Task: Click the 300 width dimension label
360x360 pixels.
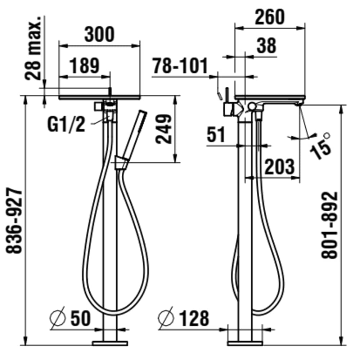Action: (99, 35)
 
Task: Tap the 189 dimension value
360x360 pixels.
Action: (84, 66)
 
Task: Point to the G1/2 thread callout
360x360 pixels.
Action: (66, 124)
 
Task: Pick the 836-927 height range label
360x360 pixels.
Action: (14, 221)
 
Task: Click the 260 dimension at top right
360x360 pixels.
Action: (270, 17)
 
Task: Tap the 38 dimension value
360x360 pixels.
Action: (266, 45)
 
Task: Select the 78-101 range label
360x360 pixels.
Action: (180, 66)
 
